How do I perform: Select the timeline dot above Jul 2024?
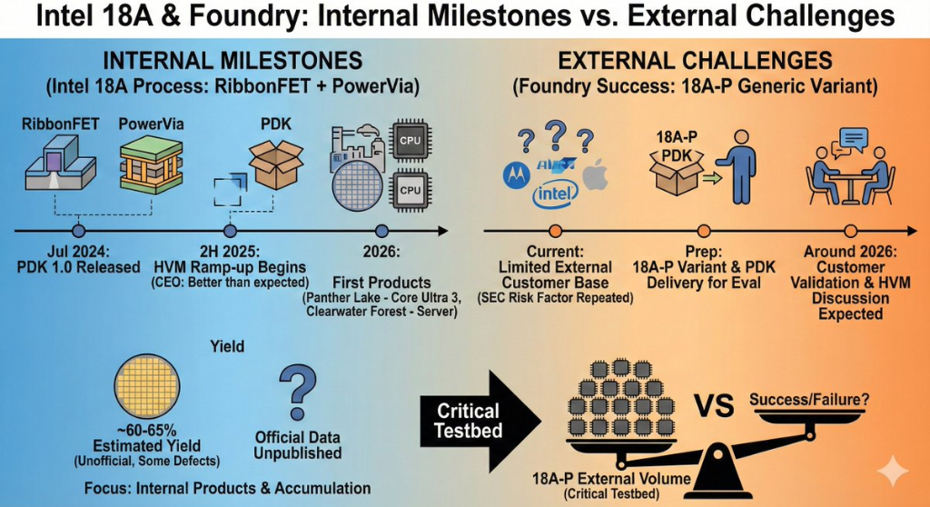pos(78,232)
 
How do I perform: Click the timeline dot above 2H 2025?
pos(231,232)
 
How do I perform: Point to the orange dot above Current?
pos(556,232)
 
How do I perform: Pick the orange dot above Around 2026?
pos(851,232)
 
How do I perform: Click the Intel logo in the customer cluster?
pos(554,194)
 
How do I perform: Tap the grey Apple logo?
pos(594,176)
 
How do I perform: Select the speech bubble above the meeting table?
pos(855,139)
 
